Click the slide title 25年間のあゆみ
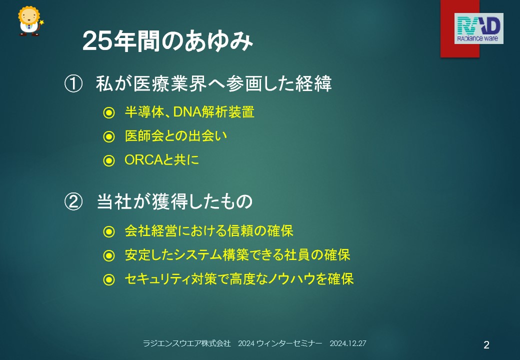[x=168, y=41]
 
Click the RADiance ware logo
[x=478, y=28]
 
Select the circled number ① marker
[x=73, y=84]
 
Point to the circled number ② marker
[x=73, y=201]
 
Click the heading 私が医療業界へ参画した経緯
[x=214, y=83]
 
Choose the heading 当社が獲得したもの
[x=175, y=201]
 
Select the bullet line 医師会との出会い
[x=176, y=136]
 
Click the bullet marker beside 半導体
[x=109, y=112]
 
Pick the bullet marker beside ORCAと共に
[x=109, y=161]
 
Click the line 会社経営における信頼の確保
[x=209, y=231]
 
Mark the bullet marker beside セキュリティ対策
[x=109, y=279]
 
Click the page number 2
[x=486, y=345]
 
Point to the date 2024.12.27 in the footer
[x=348, y=343]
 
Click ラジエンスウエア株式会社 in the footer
[x=186, y=343]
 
